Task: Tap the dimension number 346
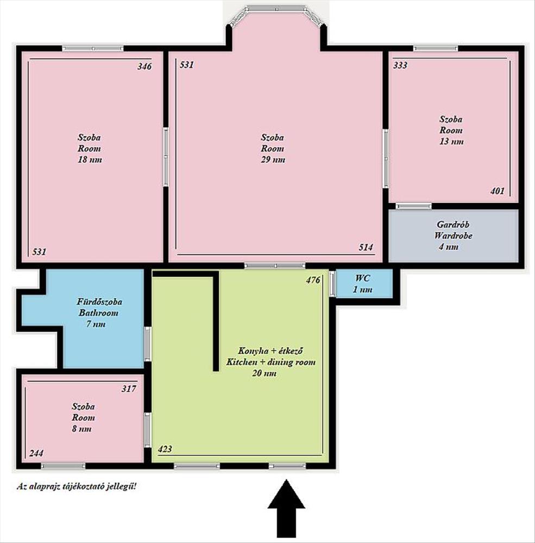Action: click(x=144, y=66)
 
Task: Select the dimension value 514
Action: click(x=366, y=247)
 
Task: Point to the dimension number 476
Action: click(x=313, y=280)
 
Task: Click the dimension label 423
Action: click(x=165, y=449)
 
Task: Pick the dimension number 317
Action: click(x=129, y=389)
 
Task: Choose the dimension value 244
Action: click(x=36, y=453)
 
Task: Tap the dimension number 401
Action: click(x=497, y=191)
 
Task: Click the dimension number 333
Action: click(x=400, y=65)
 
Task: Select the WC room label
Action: click(x=362, y=283)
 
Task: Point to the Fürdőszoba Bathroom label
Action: click(x=99, y=313)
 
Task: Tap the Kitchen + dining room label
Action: click(x=270, y=362)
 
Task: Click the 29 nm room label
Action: click(x=273, y=148)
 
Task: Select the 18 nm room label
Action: click(x=90, y=148)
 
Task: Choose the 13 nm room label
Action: click(x=451, y=130)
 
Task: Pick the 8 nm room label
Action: click(x=83, y=417)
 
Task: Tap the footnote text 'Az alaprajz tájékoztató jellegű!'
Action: click(x=77, y=486)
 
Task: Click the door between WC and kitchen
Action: click(x=332, y=284)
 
